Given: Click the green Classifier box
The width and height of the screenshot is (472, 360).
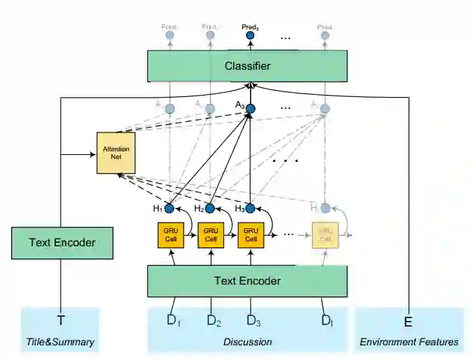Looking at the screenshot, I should pyautogui.click(x=247, y=66).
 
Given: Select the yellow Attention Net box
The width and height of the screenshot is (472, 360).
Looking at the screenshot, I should pyautogui.click(x=116, y=153).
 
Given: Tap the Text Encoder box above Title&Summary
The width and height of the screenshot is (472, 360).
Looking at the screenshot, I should pyautogui.click(x=62, y=243).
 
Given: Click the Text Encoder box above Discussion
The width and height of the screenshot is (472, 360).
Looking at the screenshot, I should pyautogui.click(x=247, y=281).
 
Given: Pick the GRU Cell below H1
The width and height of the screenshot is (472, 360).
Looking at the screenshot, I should pyautogui.click(x=172, y=234).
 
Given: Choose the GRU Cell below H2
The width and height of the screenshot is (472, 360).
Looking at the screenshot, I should pyautogui.click(x=212, y=234).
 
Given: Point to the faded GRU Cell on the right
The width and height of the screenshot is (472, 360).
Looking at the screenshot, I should pyautogui.click(x=325, y=234).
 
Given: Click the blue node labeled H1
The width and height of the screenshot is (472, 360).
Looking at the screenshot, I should pyautogui.click(x=168, y=208).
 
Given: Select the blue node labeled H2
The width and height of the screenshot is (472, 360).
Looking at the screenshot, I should pyautogui.click(x=209, y=208).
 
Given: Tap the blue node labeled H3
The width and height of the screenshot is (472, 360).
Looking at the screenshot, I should pyautogui.click(x=251, y=208).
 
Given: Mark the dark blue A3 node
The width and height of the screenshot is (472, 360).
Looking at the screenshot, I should pyautogui.click(x=251, y=108).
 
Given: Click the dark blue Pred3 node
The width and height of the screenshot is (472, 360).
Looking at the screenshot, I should pyautogui.click(x=251, y=36).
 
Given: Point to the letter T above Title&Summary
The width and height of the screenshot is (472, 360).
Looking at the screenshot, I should pyautogui.click(x=61, y=321).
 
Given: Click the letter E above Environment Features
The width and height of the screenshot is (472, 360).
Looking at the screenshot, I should pyautogui.click(x=408, y=321).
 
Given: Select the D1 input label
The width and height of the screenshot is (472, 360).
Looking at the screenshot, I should pyautogui.click(x=173, y=321).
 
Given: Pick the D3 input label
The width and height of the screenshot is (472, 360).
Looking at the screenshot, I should pyautogui.click(x=253, y=321).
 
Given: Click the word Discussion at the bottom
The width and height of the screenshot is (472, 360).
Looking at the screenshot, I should pyautogui.click(x=247, y=342).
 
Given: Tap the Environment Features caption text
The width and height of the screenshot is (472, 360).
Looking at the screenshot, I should pyautogui.click(x=409, y=342).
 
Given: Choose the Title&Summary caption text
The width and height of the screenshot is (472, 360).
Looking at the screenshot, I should pyautogui.click(x=61, y=342).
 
